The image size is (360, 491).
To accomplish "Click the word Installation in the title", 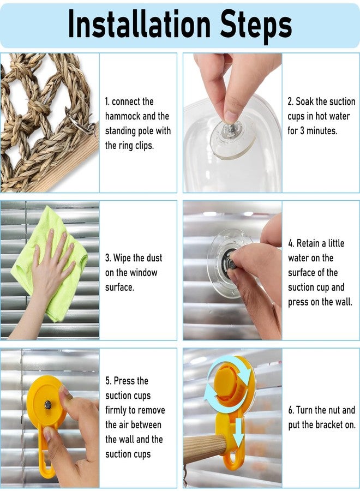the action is tap(140, 24).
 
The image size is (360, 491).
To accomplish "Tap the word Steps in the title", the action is tap(256, 26).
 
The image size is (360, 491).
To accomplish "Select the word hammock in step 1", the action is tap(123, 116).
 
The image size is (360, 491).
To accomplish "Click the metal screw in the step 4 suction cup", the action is tap(232, 262).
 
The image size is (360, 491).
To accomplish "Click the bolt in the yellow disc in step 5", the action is tap(48, 405).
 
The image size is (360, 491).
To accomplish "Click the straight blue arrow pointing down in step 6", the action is tap(239, 433).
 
